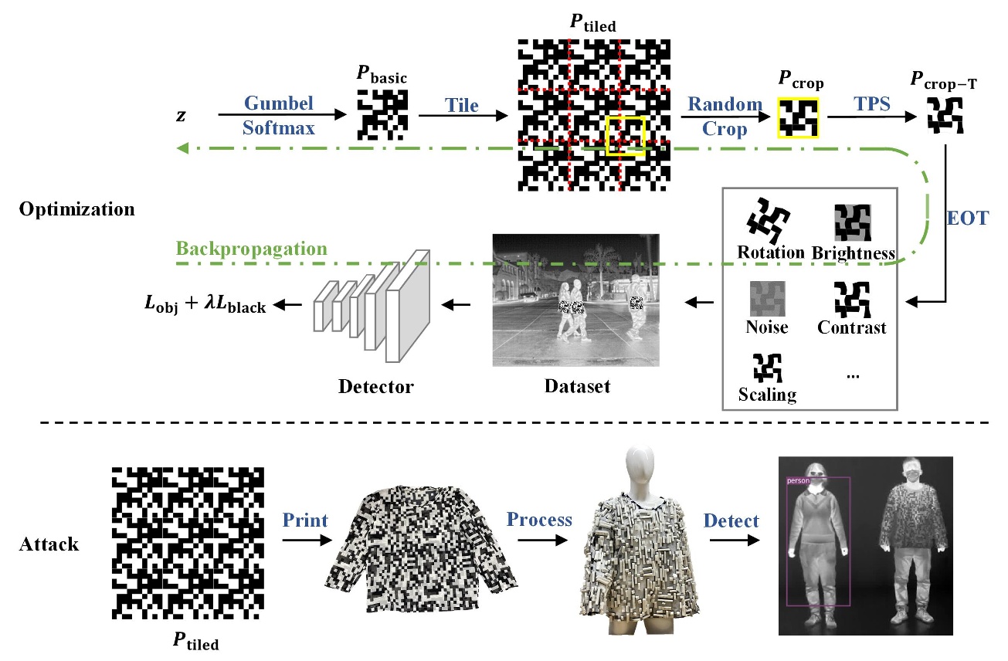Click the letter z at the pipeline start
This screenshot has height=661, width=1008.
(181, 115)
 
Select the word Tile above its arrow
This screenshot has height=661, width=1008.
(461, 104)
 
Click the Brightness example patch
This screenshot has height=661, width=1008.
(853, 223)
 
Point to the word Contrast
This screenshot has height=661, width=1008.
(852, 327)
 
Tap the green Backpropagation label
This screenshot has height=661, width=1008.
(251, 249)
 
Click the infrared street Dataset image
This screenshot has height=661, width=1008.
(575, 299)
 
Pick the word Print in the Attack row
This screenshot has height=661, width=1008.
(305, 519)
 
